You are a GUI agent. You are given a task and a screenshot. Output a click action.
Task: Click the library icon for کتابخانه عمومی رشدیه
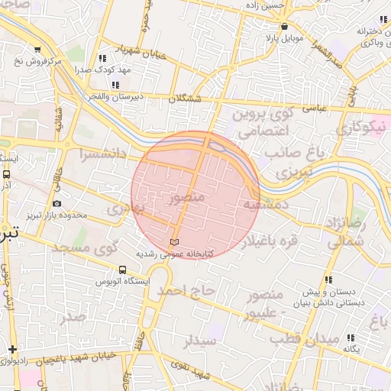coord(175,242)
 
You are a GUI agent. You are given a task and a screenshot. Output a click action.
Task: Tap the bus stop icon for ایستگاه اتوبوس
coord(123,270)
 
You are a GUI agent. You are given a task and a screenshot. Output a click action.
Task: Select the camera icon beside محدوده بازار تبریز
coord(57,203)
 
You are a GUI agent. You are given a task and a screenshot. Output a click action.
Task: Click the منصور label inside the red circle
coord(184,199)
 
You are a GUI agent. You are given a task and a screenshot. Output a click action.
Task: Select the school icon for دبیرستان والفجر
coord(115,85)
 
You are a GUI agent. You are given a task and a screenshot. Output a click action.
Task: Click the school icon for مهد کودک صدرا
coord(102,57)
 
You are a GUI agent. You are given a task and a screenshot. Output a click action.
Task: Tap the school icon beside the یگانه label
coord(351,338)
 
